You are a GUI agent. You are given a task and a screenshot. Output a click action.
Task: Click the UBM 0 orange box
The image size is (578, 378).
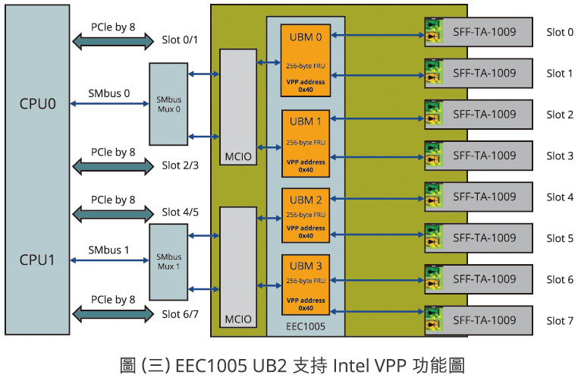pos(306,61)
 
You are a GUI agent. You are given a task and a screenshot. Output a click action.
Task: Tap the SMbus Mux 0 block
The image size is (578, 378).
pos(168,105)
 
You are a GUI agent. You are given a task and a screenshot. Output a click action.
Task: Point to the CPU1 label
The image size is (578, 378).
pos(38,259)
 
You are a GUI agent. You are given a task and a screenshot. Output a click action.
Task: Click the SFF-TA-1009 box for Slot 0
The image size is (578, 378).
pos(483,33)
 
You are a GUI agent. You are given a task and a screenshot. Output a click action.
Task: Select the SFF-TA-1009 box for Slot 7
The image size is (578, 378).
pos(483,320)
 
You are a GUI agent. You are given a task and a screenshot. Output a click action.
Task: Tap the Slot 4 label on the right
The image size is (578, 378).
pos(560,197)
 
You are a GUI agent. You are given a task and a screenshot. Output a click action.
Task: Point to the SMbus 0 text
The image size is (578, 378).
pos(108,94)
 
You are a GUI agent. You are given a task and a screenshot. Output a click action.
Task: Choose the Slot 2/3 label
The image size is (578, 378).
pos(181,165)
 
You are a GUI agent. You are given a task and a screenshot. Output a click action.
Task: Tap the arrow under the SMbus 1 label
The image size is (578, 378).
pos(108,262)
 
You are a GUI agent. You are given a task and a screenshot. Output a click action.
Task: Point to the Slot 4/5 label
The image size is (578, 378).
pos(181,213)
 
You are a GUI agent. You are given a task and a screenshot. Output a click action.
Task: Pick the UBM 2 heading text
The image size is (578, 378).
pos(306,200)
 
